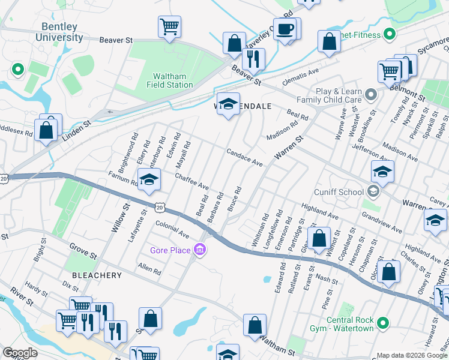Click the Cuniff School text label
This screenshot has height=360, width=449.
(x=339, y=192)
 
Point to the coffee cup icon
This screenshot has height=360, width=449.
(x=285, y=28)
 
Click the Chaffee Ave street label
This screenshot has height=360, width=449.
(x=191, y=182)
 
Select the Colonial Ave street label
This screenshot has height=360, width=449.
(x=172, y=230)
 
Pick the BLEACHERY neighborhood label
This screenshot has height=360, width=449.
(x=97, y=275)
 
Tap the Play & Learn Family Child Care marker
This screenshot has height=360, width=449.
(x=372, y=94)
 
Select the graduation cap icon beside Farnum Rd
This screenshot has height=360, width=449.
(x=149, y=179)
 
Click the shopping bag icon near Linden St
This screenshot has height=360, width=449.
(x=46, y=129)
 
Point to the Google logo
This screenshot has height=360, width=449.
(x=20, y=353)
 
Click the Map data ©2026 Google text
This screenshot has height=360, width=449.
(x=411, y=355)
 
